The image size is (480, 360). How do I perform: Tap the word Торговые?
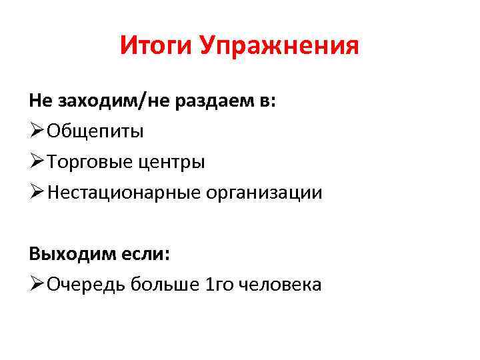[x=88, y=162]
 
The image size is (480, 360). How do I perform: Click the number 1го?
[x=217, y=285]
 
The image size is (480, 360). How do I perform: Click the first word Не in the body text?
[x=40, y=101]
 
